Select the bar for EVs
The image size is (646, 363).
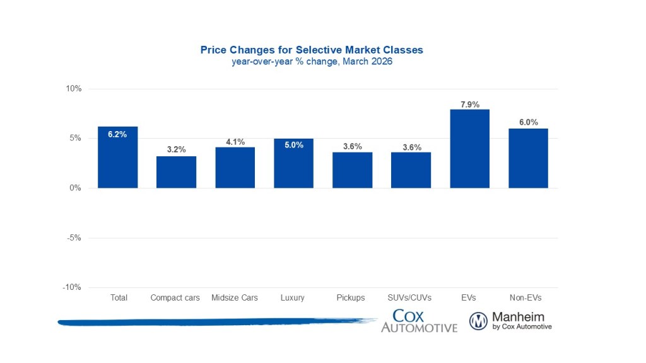tap(469, 149)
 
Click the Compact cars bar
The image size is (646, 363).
tap(176, 172)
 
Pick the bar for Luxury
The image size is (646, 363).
tap(293, 163)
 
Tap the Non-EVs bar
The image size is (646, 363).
tap(528, 158)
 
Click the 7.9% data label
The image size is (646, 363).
tap(470, 105)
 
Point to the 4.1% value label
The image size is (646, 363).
tap(235, 142)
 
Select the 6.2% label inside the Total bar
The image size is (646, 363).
tap(117, 134)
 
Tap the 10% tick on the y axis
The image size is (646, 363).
tap(74, 89)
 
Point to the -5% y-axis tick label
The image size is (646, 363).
tap(74, 238)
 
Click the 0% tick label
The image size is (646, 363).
tap(76, 188)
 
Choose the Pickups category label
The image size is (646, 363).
tap(352, 297)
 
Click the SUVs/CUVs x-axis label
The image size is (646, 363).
tap(411, 297)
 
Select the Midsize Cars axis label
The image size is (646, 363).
tap(235, 297)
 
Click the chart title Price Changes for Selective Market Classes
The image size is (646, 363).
tap(312, 49)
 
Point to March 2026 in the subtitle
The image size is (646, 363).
tap(367, 62)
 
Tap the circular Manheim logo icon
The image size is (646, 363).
tap(478, 321)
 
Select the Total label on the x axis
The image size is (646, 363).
tap(118, 297)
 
